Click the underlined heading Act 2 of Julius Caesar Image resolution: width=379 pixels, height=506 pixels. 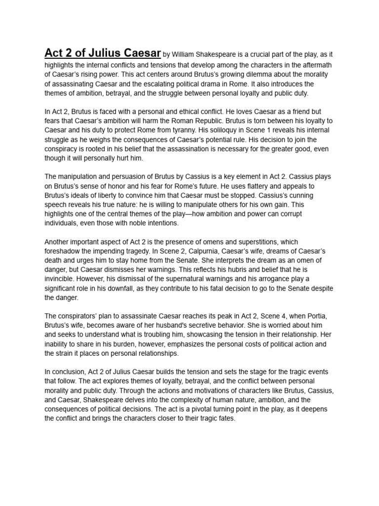(x=103, y=53)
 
